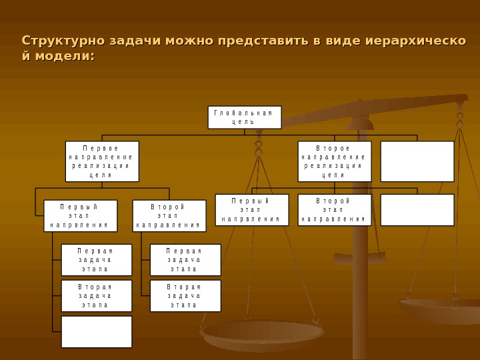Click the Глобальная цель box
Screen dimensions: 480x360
point(244,117)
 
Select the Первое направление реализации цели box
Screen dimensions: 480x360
point(102,161)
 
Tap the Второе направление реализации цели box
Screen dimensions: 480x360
point(334,161)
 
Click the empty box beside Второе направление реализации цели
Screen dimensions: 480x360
point(417,161)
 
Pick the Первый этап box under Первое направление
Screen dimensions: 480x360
point(80,216)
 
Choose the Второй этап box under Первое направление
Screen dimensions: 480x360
point(169,216)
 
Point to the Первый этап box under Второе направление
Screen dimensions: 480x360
point(251,210)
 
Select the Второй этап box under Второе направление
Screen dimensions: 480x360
point(334,210)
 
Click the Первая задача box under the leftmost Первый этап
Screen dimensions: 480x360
point(96,260)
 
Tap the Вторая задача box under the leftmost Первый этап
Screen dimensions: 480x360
point(96,296)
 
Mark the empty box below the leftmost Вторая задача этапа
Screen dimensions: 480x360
point(96,332)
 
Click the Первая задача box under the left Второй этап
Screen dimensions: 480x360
point(185,260)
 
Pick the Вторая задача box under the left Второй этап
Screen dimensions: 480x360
point(185,296)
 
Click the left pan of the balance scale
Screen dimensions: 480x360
point(263,333)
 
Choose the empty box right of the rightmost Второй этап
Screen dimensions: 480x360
point(417,210)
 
